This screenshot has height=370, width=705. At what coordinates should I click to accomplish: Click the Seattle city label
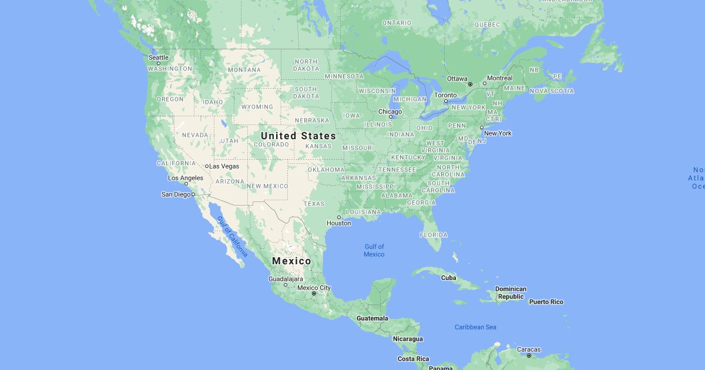tap(159, 58)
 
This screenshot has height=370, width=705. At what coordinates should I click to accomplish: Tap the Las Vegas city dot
tap(207, 166)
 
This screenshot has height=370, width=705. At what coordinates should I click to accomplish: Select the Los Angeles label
tap(186, 178)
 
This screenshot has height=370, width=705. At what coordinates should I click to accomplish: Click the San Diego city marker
tap(193, 194)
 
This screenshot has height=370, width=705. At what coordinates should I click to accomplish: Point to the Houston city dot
tap(339, 217)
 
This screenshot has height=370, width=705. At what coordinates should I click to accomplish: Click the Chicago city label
tap(390, 112)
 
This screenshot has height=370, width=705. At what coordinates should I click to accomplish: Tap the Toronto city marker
tap(446, 101)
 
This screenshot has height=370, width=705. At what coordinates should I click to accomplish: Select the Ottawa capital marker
tap(470, 85)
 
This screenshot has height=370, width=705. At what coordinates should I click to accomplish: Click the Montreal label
tap(500, 78)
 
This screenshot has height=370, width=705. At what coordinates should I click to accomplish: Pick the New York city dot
tap(482, 127)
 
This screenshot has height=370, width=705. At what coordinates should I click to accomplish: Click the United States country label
tap(298, 136)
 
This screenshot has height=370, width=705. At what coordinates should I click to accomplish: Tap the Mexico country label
tap(291, 261)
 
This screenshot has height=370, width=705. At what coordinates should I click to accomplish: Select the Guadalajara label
tap(286, 278)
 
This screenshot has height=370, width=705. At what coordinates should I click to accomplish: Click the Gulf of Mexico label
tap(374, 250)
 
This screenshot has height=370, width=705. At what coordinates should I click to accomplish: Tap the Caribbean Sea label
tap(476, 327)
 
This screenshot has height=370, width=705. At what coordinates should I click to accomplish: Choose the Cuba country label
tap(448, 278)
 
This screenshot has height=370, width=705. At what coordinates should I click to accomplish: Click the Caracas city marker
tap(529, 355)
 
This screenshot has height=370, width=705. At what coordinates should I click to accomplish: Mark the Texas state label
tap(314, 204)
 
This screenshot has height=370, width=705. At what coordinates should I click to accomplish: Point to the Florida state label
tap(434, 235)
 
